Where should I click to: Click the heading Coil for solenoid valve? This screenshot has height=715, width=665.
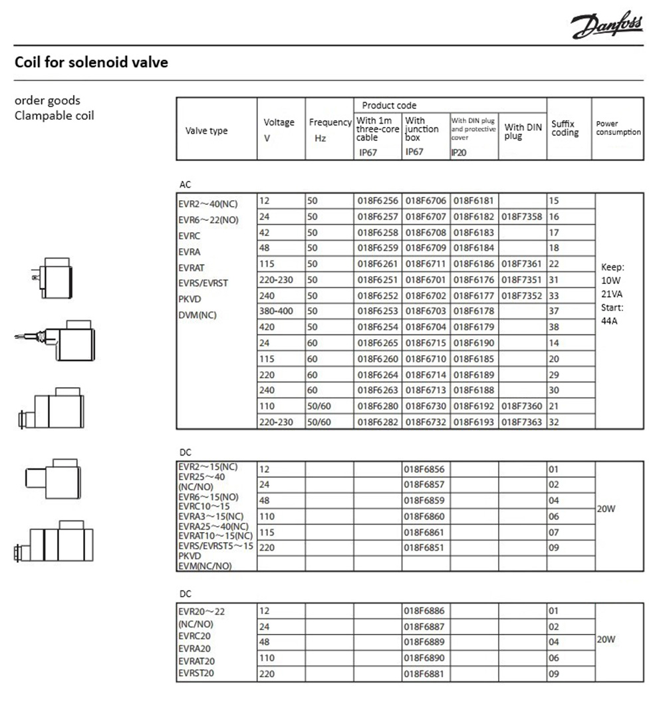pyautogui.click(x=91, y=63)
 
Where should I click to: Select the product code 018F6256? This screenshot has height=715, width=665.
pyautogui.click(x=377, y=200)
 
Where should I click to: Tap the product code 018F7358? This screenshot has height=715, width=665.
pyautogui.click(x=522, y=216)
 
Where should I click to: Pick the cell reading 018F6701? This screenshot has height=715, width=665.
pyautogui.click(x=426, y=280)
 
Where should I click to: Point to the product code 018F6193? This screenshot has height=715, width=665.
pyautogui.click(x=474, y=422)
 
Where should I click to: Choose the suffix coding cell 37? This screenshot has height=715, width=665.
pyautogui.click(x=554, y=311)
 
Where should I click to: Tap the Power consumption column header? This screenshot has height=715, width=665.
pyautogui.click(x=618, y=128)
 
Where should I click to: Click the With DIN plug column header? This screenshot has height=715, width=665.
pyautogui.click(x=523, y=131)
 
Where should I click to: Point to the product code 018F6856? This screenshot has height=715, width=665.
pyautogui.click(x=426, y=469)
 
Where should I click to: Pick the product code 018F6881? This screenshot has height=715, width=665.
pyautogui.click(x=426, y=674)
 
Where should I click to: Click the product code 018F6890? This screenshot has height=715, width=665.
pyautogui.click(x=426, y=658)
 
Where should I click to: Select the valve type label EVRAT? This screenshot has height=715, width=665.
pyautogui.click(x=190, y=267)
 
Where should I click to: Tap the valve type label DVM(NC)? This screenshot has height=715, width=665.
pyautogui.click(x=198, y=315)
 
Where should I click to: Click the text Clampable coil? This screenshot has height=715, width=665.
pyautogui.click(x=55, y=115)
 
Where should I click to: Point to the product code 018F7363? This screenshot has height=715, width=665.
pyautogui.click(x=522, y=422)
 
